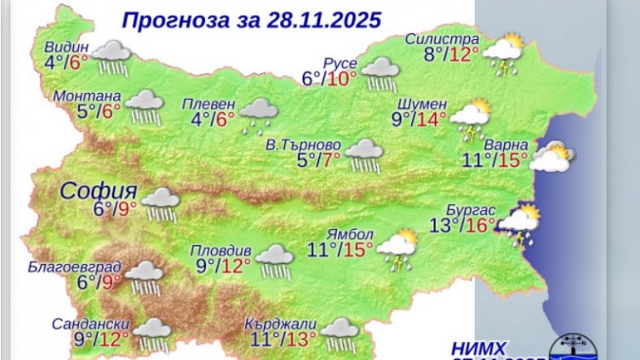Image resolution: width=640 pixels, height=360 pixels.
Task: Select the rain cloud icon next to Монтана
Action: (145, 106)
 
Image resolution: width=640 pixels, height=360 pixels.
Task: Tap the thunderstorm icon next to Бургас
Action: (518, 223)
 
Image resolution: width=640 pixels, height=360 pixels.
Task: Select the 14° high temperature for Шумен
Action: (431, 119)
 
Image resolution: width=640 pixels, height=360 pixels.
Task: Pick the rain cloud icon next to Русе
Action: (380, 71)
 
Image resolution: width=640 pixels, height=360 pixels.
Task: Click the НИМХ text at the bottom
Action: (480, 347)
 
